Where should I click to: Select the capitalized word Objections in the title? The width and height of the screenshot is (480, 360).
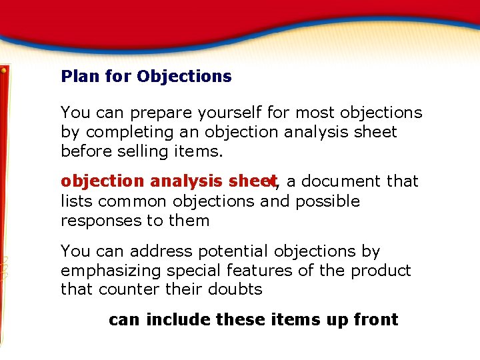[x=185, y=76]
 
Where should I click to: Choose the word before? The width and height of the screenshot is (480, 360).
[x=85, y=151]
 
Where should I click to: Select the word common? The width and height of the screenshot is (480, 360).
[x=131, y=201]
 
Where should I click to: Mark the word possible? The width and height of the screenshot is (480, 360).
[x=327, y=201]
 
